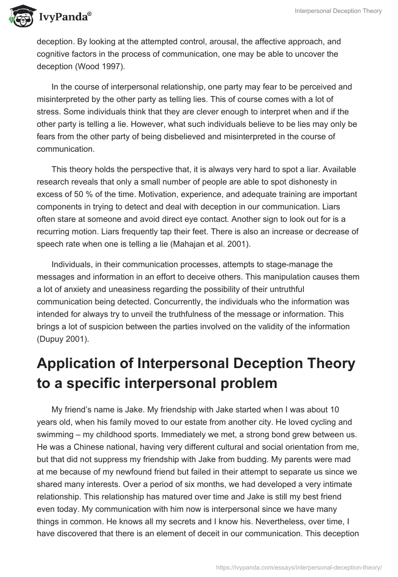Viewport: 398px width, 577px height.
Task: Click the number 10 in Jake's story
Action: [321, 410]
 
